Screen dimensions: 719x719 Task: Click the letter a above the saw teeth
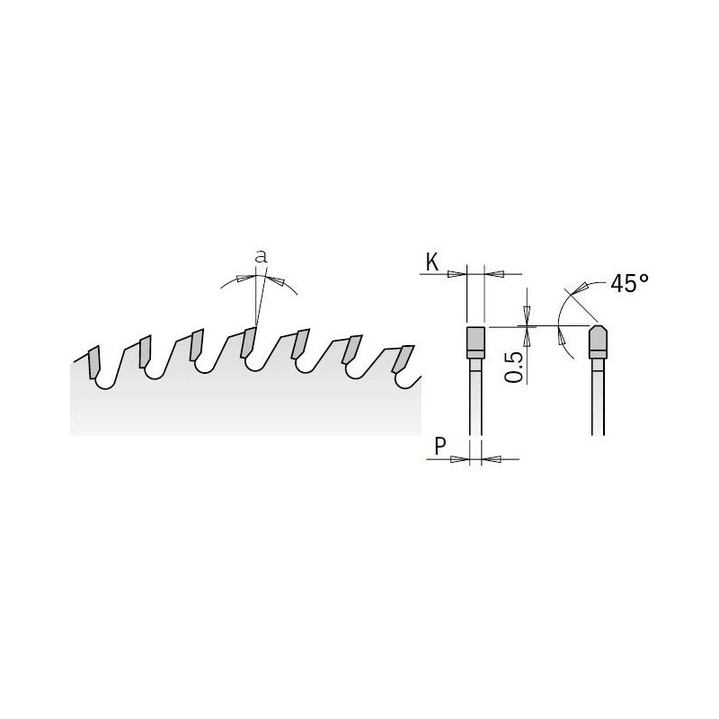pyautogui.click(x=261, y=257)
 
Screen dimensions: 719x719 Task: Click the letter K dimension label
pyautogui.click(x=432, y=262)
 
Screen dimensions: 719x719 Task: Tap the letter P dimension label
pyautogui.click(x=440, y=446)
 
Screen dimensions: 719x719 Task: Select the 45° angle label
pyautogui.click(x=629, y=284)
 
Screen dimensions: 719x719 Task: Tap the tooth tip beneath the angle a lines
pyautogui.click(x=248, y=342)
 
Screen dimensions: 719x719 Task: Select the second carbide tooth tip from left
pyautogui.click(x=145, y=351)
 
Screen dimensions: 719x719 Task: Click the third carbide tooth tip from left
pyautogui.click(x=197, y=345)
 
